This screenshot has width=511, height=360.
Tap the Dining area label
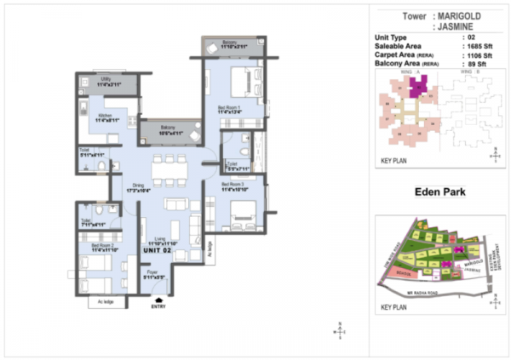[x=137, y=189]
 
